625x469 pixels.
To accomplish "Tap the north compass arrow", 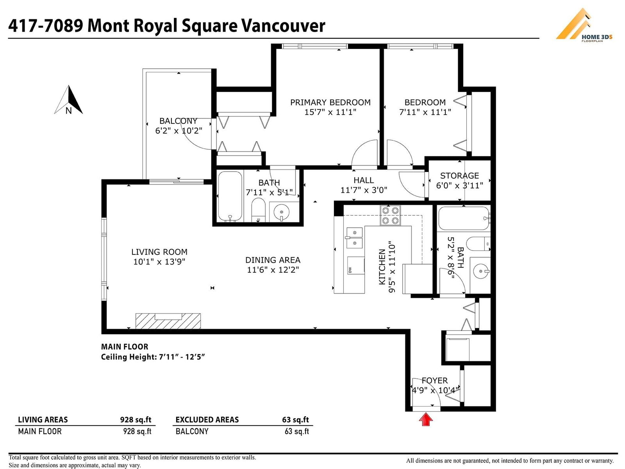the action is click(x=69, y=100).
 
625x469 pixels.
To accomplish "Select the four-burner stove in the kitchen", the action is click(x=390, y=215).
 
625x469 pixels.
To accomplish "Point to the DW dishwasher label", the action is click(x=350, y=270).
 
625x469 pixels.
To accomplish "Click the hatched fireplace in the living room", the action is click(x=168, y=321).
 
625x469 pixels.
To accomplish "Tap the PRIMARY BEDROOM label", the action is click(x=330, y=102).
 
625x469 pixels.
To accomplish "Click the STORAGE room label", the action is click(x=459, y=176).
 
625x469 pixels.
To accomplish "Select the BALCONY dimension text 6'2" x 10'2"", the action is click(x=179, y=131).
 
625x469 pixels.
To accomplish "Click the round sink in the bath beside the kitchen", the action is click(x=482, y=271).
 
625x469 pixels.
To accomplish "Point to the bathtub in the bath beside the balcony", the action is click(x=230, y=196).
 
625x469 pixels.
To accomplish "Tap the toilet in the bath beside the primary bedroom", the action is click(x=258, y=210).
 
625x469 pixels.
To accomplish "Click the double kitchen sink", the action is click(x=355, y=238).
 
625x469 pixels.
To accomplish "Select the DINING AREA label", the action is click(x=273, y=260).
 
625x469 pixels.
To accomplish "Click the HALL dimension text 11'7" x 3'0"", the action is click(x=364, y=190).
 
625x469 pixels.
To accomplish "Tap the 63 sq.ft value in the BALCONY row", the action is click(x=297, y=431).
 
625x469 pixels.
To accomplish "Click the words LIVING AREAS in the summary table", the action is click(x=43, y=419).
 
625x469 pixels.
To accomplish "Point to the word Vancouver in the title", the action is click(x=283, y=26).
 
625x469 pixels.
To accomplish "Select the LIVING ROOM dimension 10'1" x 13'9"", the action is click(x=159, y=262).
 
